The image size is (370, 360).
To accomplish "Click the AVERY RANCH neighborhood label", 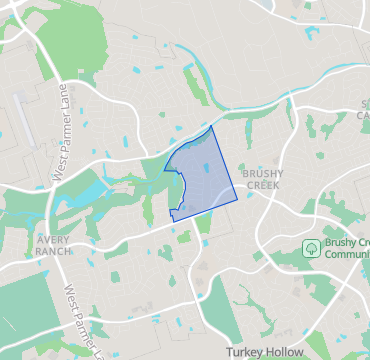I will point(51,246).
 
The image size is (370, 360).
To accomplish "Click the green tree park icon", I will point(311,246).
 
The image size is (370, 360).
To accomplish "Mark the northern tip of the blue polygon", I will point(212,127).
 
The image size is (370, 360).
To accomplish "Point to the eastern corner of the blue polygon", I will point(238,200).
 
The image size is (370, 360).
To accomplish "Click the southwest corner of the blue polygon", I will point(172,218).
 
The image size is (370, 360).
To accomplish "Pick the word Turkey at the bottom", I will point(243,352).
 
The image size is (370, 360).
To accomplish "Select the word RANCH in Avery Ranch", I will point(51,252).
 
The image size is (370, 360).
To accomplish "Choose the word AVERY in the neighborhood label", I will point(51,241).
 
